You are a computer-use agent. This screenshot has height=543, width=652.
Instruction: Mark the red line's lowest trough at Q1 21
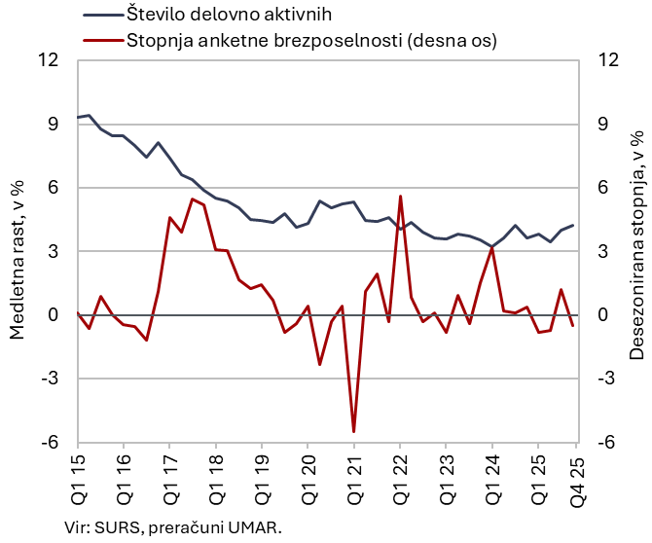point(353,431)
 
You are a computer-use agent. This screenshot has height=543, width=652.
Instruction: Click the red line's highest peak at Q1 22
point(400,196)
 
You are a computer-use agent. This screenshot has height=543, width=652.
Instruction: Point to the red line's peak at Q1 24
point(492,247)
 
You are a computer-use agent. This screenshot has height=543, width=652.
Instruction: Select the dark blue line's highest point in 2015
point(90,115)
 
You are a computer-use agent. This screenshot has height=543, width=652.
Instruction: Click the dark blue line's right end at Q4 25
point(573,225)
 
